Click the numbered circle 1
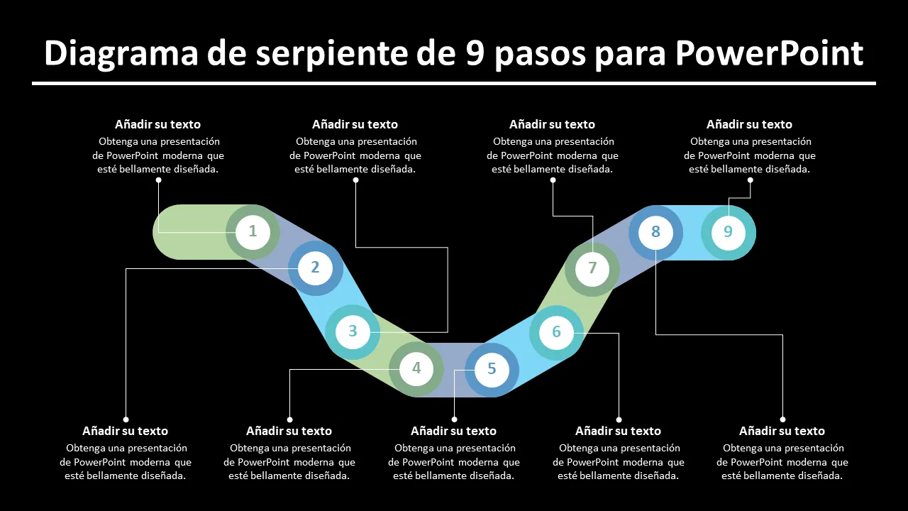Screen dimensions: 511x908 pyautogui.click(x=253, y=231)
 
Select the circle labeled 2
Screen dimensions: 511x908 pyautogui.click(x=316, y=268)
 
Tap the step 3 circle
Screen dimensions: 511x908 pyautogui.click(x=353, y=331)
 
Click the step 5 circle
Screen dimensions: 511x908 pyautogui.click(x=492, y=370)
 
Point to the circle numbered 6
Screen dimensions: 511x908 pyautogui.click(x=557, y=332)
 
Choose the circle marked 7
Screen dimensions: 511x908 pyautogui.click(x=592, y=269)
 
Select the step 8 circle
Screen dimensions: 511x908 pyautogui.click(x=655, y=232)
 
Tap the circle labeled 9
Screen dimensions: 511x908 pyautogui.click(x=728, y=232)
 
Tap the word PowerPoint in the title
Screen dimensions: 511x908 pyautogui.click(x=770, y=53)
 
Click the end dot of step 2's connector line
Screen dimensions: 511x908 pyautogui.click(x=126, y=419)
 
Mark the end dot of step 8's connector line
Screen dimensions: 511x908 pyautogui.click(x=782, y=419)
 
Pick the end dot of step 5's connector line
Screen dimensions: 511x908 pyautogui.click(x=454, y=419)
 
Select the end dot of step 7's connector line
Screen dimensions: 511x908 pyautogui.click(x=553, y=180)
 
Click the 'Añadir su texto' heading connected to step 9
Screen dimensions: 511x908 pyautogui.click(x=749, y=124)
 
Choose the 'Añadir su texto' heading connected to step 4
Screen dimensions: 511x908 pyautogui.click(x=289, y=431)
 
